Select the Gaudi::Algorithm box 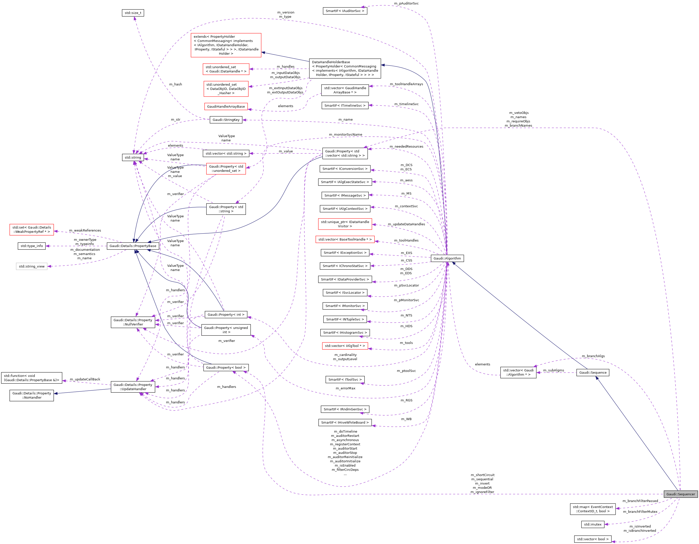coord(447,259)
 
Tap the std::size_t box coord(133,13)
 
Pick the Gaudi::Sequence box coord(592,372)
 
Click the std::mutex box coord(592,524)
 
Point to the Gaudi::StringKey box coord(226,120)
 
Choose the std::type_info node coord(32,246)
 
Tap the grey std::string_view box coord(32,267)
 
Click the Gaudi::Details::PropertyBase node coord(133,246)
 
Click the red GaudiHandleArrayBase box coord(226,106)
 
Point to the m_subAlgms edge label coord(553,370)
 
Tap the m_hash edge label coord(175,84)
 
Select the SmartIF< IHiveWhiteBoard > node coord(345,422)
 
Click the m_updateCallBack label coord(85,379)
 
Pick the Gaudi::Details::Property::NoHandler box coord(32,395)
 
